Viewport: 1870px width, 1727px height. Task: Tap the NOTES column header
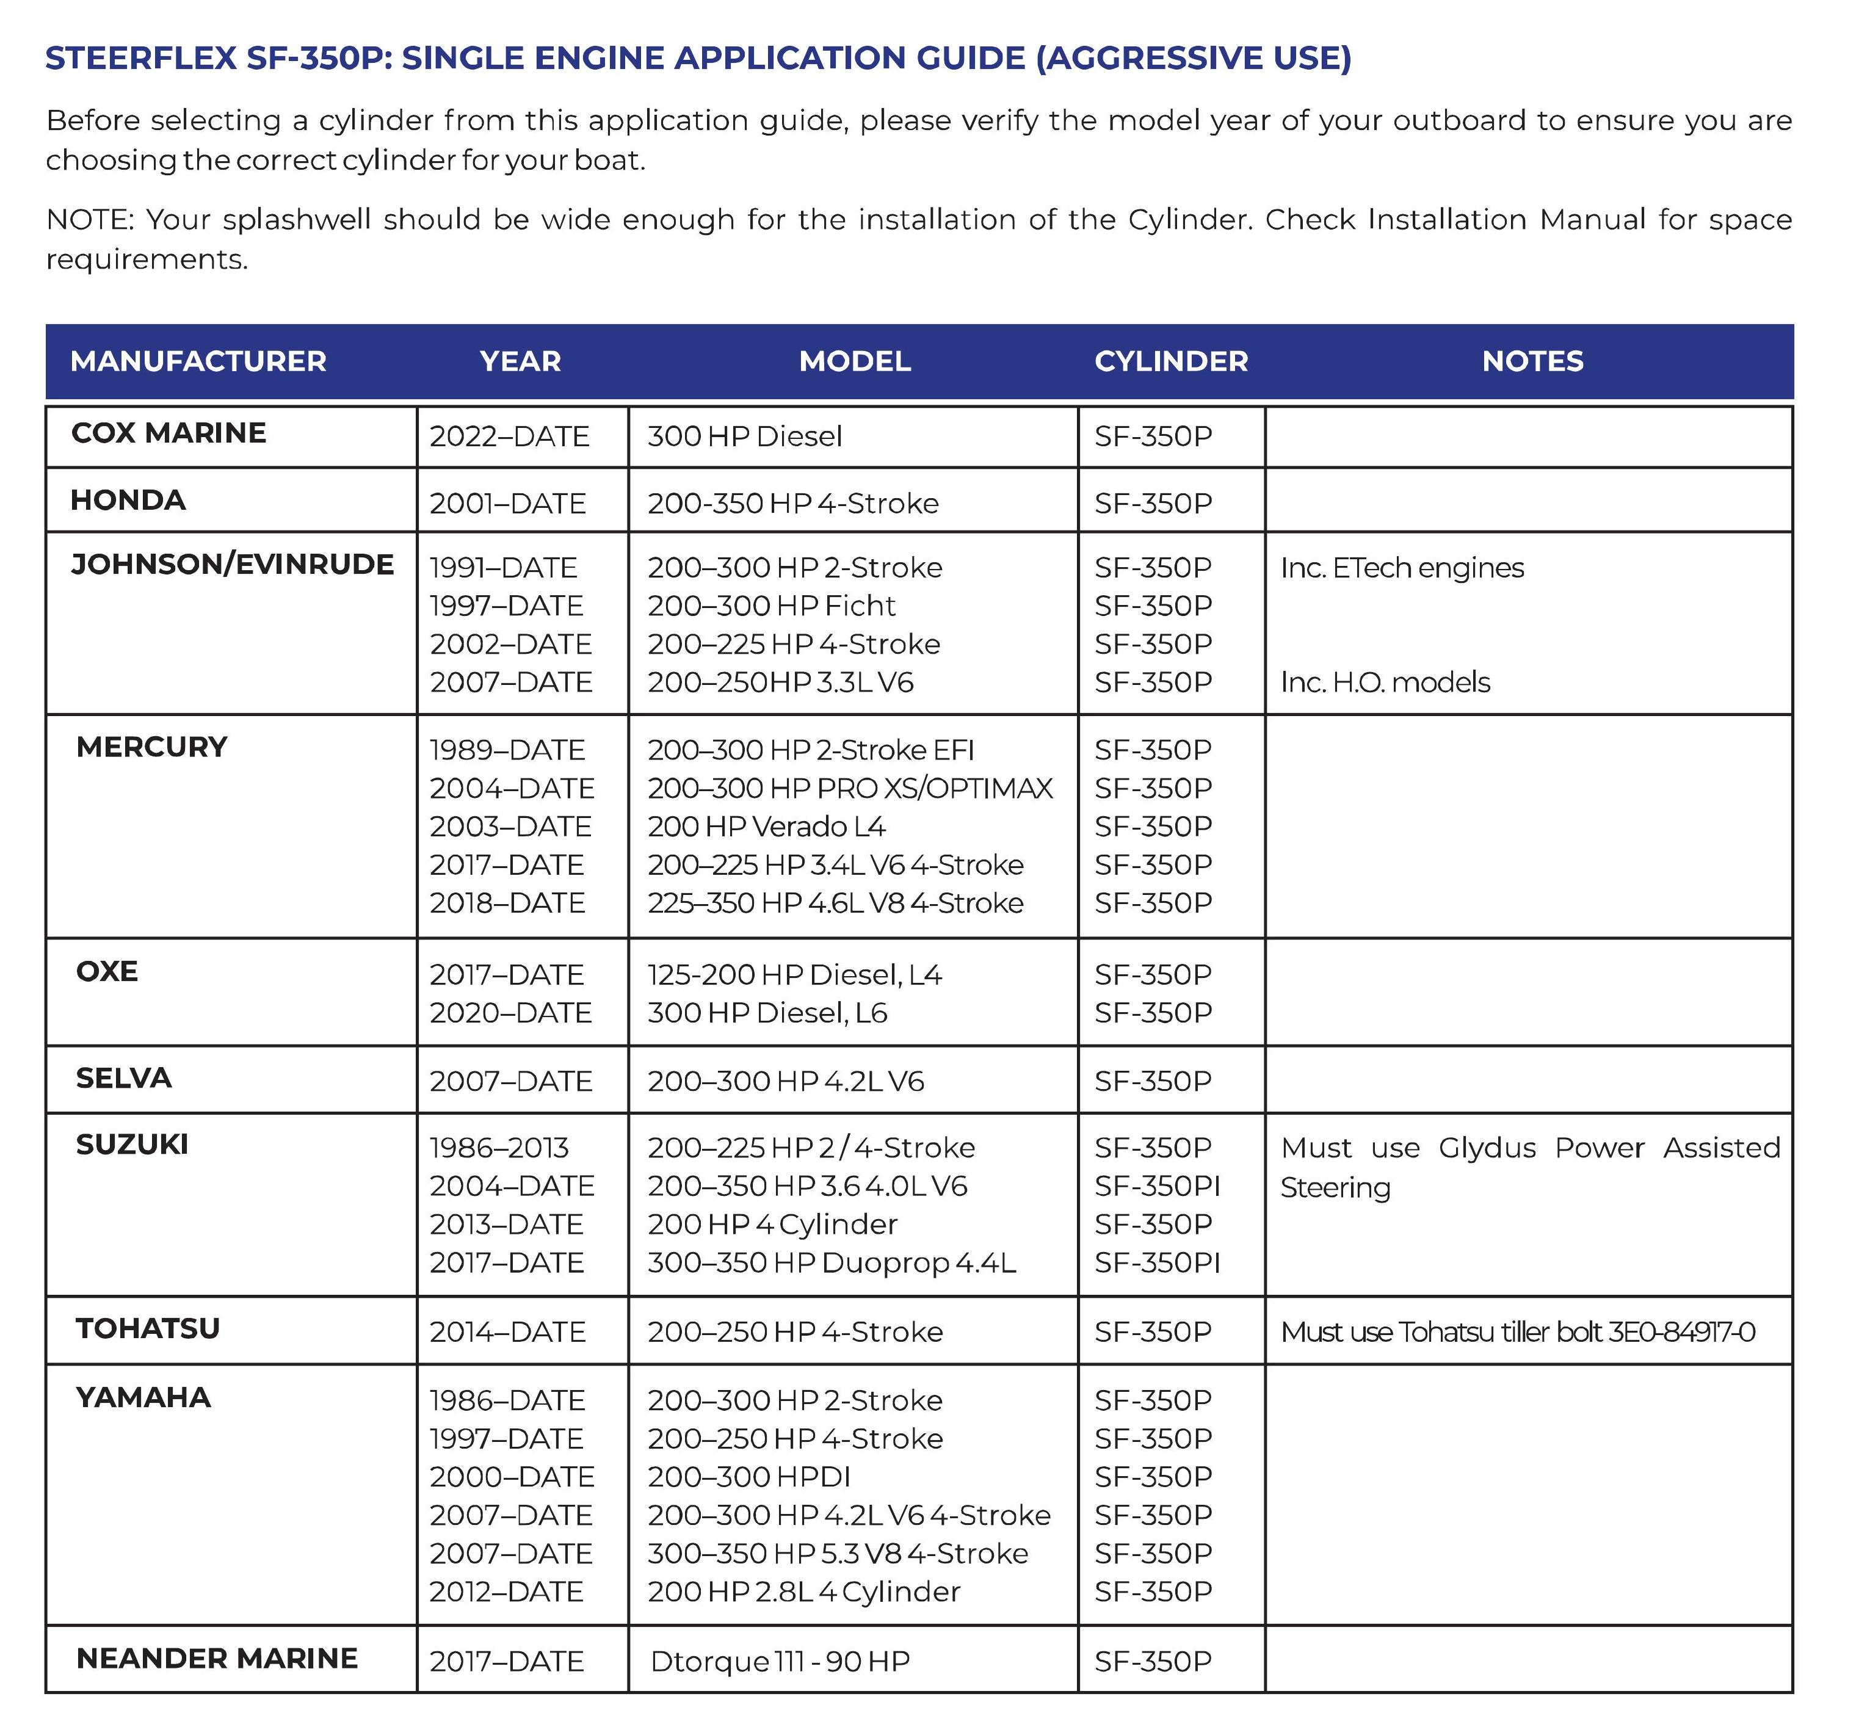point(1532,361)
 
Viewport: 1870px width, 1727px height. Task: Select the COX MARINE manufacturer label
point(169,433)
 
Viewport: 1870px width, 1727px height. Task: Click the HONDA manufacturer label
point(128,500)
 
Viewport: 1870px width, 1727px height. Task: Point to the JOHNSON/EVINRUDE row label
point(232,565)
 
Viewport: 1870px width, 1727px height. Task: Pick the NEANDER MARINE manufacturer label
point(216,1658)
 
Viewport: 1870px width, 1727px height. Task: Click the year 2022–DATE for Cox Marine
point(509,436)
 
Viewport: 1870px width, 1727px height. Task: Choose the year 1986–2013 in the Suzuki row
point(499,1148)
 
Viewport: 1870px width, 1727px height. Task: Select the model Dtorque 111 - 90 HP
point(780,1660)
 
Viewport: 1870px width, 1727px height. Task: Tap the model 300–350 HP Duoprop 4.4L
point(831,1262)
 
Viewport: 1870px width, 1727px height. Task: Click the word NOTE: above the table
point(90,220)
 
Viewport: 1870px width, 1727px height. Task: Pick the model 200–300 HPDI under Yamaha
point(748,1477)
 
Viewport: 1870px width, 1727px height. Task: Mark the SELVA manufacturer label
point(123,1077)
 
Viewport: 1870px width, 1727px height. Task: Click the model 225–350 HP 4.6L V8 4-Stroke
point(835,903)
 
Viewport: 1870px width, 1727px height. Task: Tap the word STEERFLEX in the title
point(141,58)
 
